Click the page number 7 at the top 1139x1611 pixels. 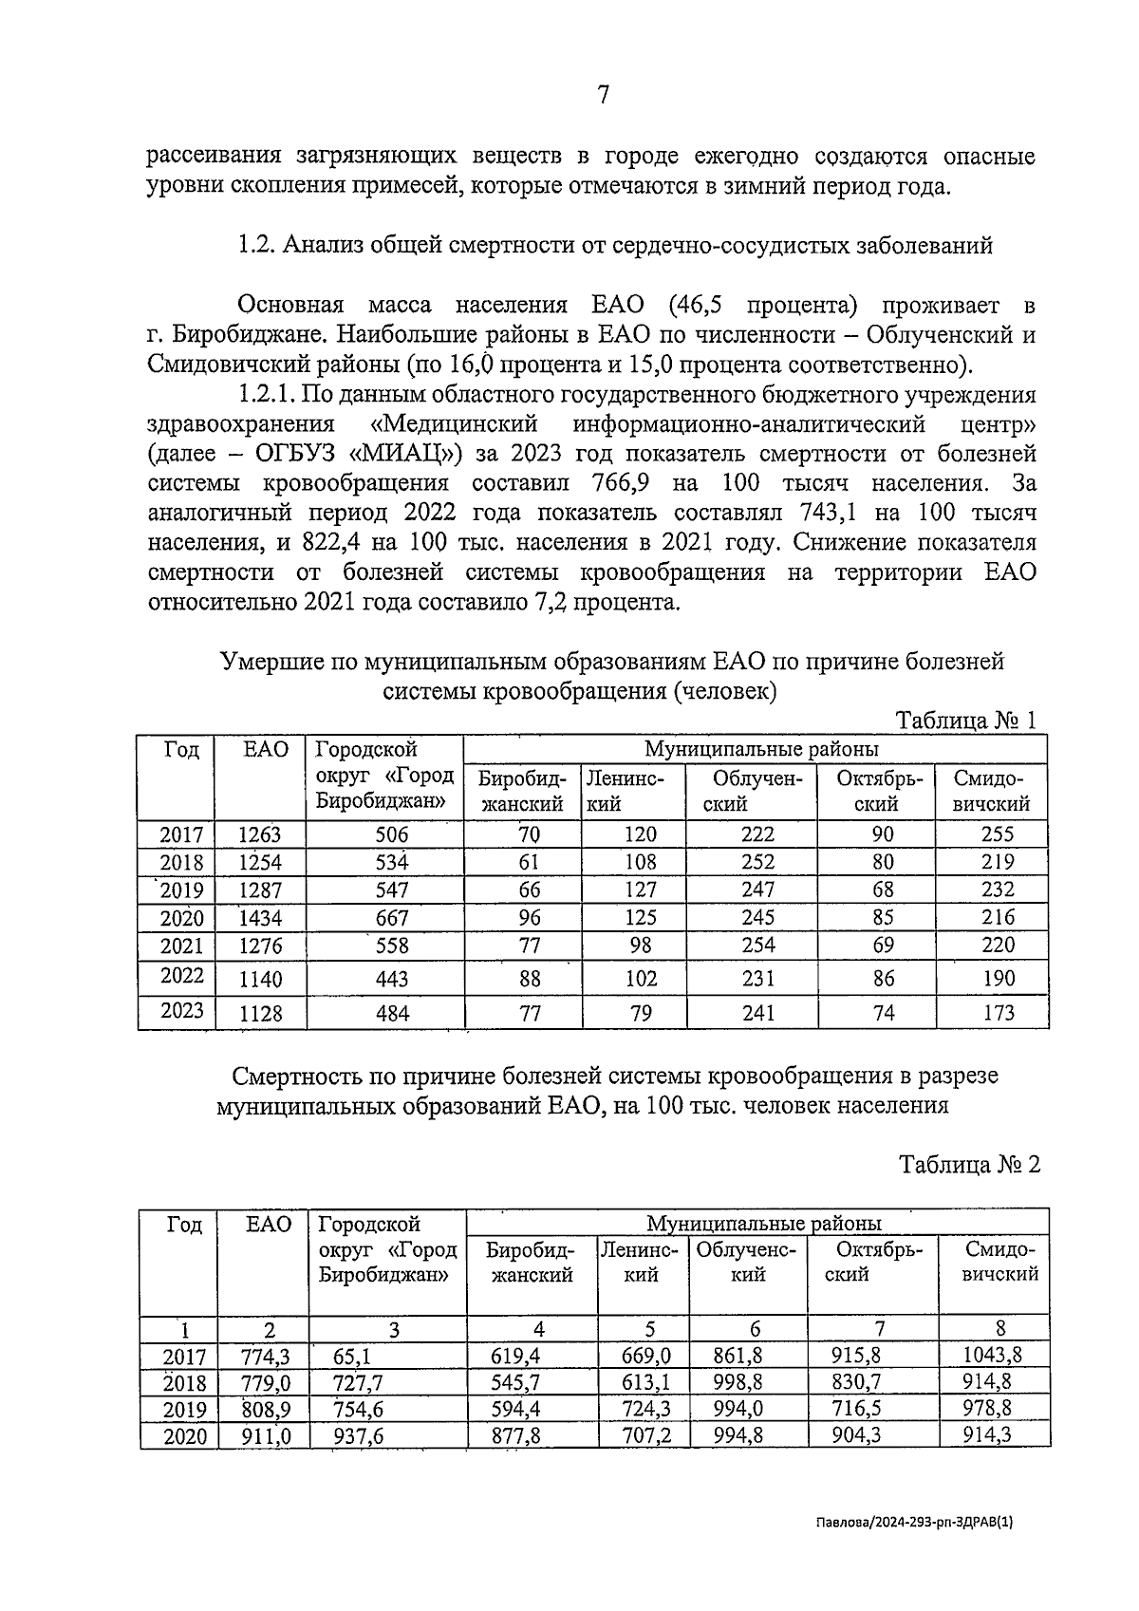(x=603, y=95)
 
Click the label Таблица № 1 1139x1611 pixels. (x=966, y=721)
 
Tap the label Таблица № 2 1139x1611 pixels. (x=969, y=1164)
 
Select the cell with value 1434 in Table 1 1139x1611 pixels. (x=260, y=918)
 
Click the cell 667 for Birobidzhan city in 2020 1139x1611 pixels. (x=392, y=918)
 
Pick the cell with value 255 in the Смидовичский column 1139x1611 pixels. (x=998, y=834)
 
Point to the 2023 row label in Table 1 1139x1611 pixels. (x=181, y=1010)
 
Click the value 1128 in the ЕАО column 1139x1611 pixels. (x=260, y=1014)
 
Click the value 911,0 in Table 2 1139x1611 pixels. (x=267, y=1436)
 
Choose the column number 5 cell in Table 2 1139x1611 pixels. (x=642, y=1329)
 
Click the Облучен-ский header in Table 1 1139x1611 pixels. (x=751, y=791)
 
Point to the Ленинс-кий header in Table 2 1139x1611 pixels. (x=642, y=1262)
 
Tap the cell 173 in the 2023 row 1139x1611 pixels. (x=998, y=1013)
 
